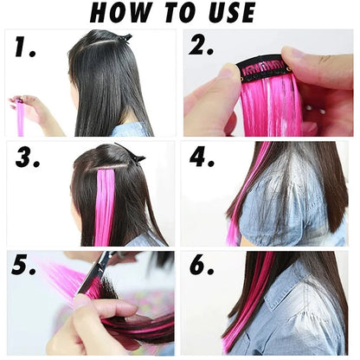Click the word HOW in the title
(122, 13)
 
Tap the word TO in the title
(183, 13)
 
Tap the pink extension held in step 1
(20, 117)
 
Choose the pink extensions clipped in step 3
(105, 203)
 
